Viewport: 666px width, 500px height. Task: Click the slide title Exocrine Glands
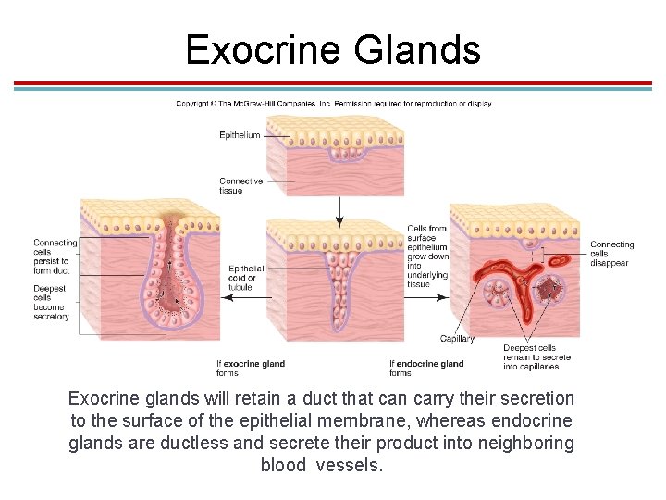[333, 49]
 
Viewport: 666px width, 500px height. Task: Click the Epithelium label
[240, 136]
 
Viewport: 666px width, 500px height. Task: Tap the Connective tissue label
[241, 186]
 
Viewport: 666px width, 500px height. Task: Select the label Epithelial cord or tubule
[247, 278]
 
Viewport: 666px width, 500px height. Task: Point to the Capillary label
[457, 339]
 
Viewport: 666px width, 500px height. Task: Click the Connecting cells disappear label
[611, 254]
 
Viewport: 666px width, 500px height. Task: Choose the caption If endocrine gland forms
[426, 369]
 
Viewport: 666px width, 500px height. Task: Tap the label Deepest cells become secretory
[52, 303]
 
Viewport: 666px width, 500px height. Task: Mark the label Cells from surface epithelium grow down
[427, 256]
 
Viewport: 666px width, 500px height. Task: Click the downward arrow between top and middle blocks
[339, 212]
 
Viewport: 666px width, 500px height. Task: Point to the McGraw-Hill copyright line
[333, 104]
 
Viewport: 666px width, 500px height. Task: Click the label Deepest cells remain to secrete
[536, 357]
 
